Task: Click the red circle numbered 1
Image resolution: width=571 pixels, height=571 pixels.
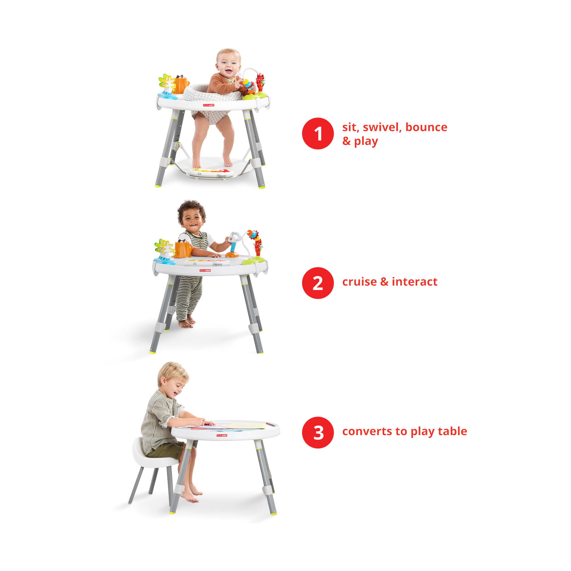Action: tap(318, 133)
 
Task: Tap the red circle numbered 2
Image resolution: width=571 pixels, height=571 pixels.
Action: tap(318, 283)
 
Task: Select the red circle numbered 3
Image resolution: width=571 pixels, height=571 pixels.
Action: tap(318, 432)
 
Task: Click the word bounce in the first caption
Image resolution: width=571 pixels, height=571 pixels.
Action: tap(426, 127)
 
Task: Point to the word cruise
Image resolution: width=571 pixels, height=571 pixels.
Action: tap(359, 282)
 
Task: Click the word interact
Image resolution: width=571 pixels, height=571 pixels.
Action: tap(415, 281)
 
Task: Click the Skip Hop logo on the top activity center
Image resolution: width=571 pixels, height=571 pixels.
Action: tap(208, 105)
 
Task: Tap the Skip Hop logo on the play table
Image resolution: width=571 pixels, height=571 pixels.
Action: tap(222, 435)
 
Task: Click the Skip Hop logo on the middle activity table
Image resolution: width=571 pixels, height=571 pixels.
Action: tap(205, 270)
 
